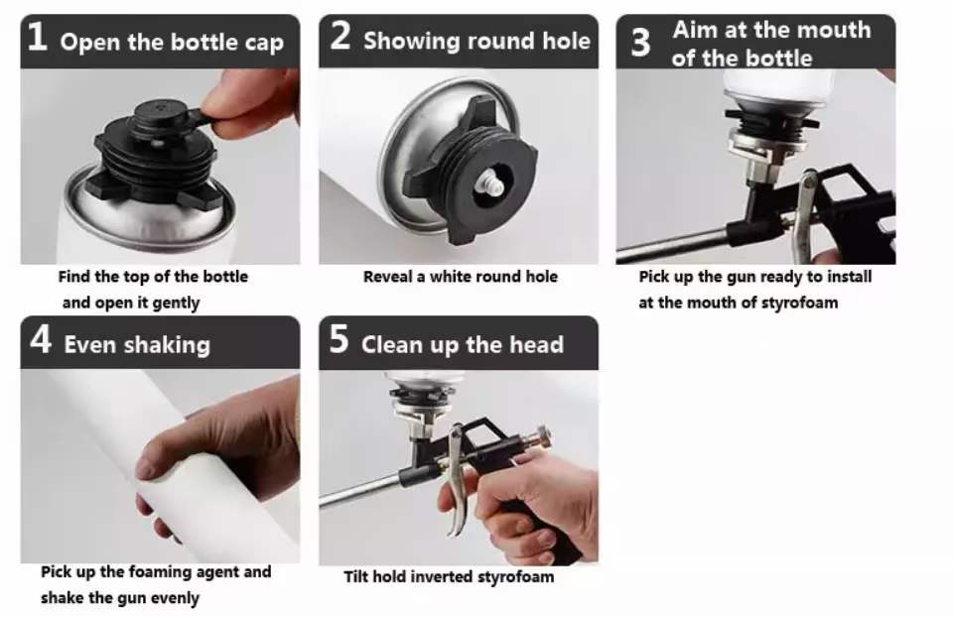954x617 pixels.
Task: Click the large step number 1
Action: pos(37,37)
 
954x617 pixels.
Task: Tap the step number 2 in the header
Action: pos(341,36)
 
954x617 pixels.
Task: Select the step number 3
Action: pos(640,43)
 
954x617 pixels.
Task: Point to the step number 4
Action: pos(40,339)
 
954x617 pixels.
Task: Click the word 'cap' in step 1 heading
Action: pos(264,44)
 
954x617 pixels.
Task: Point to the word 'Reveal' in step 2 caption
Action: pos(387,277)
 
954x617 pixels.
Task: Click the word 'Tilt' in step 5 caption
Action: pos(356,576)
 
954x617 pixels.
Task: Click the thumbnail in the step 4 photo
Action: pos(145,468)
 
